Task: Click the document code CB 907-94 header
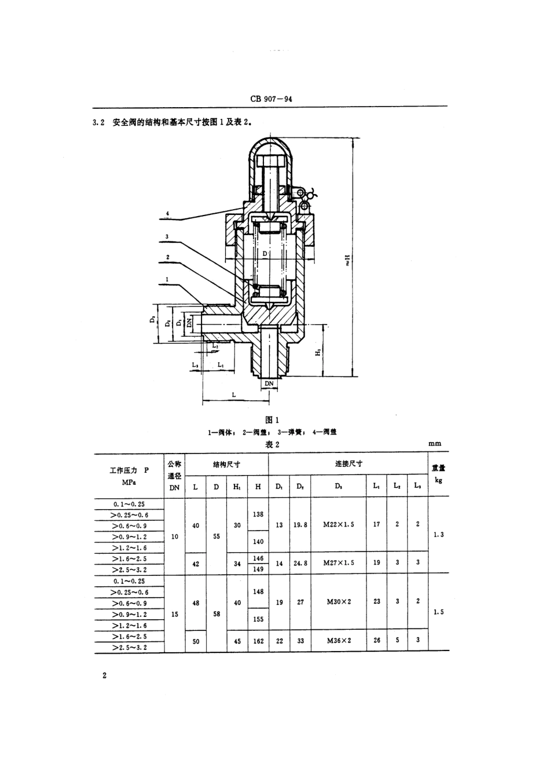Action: click(272, 98)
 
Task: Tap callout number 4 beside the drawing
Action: click(167, 214)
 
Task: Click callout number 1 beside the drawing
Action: click(167, 279)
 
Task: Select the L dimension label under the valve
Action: click(233, 393)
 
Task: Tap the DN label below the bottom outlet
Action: click(269, 383)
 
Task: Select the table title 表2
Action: click(272, 444)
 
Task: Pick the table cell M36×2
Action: click(338, 641)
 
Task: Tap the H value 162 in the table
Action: click(258, 641)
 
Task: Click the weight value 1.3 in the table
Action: click(438, 535)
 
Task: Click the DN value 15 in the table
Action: click(174, 614)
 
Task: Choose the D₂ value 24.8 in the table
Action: click(300, 563)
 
